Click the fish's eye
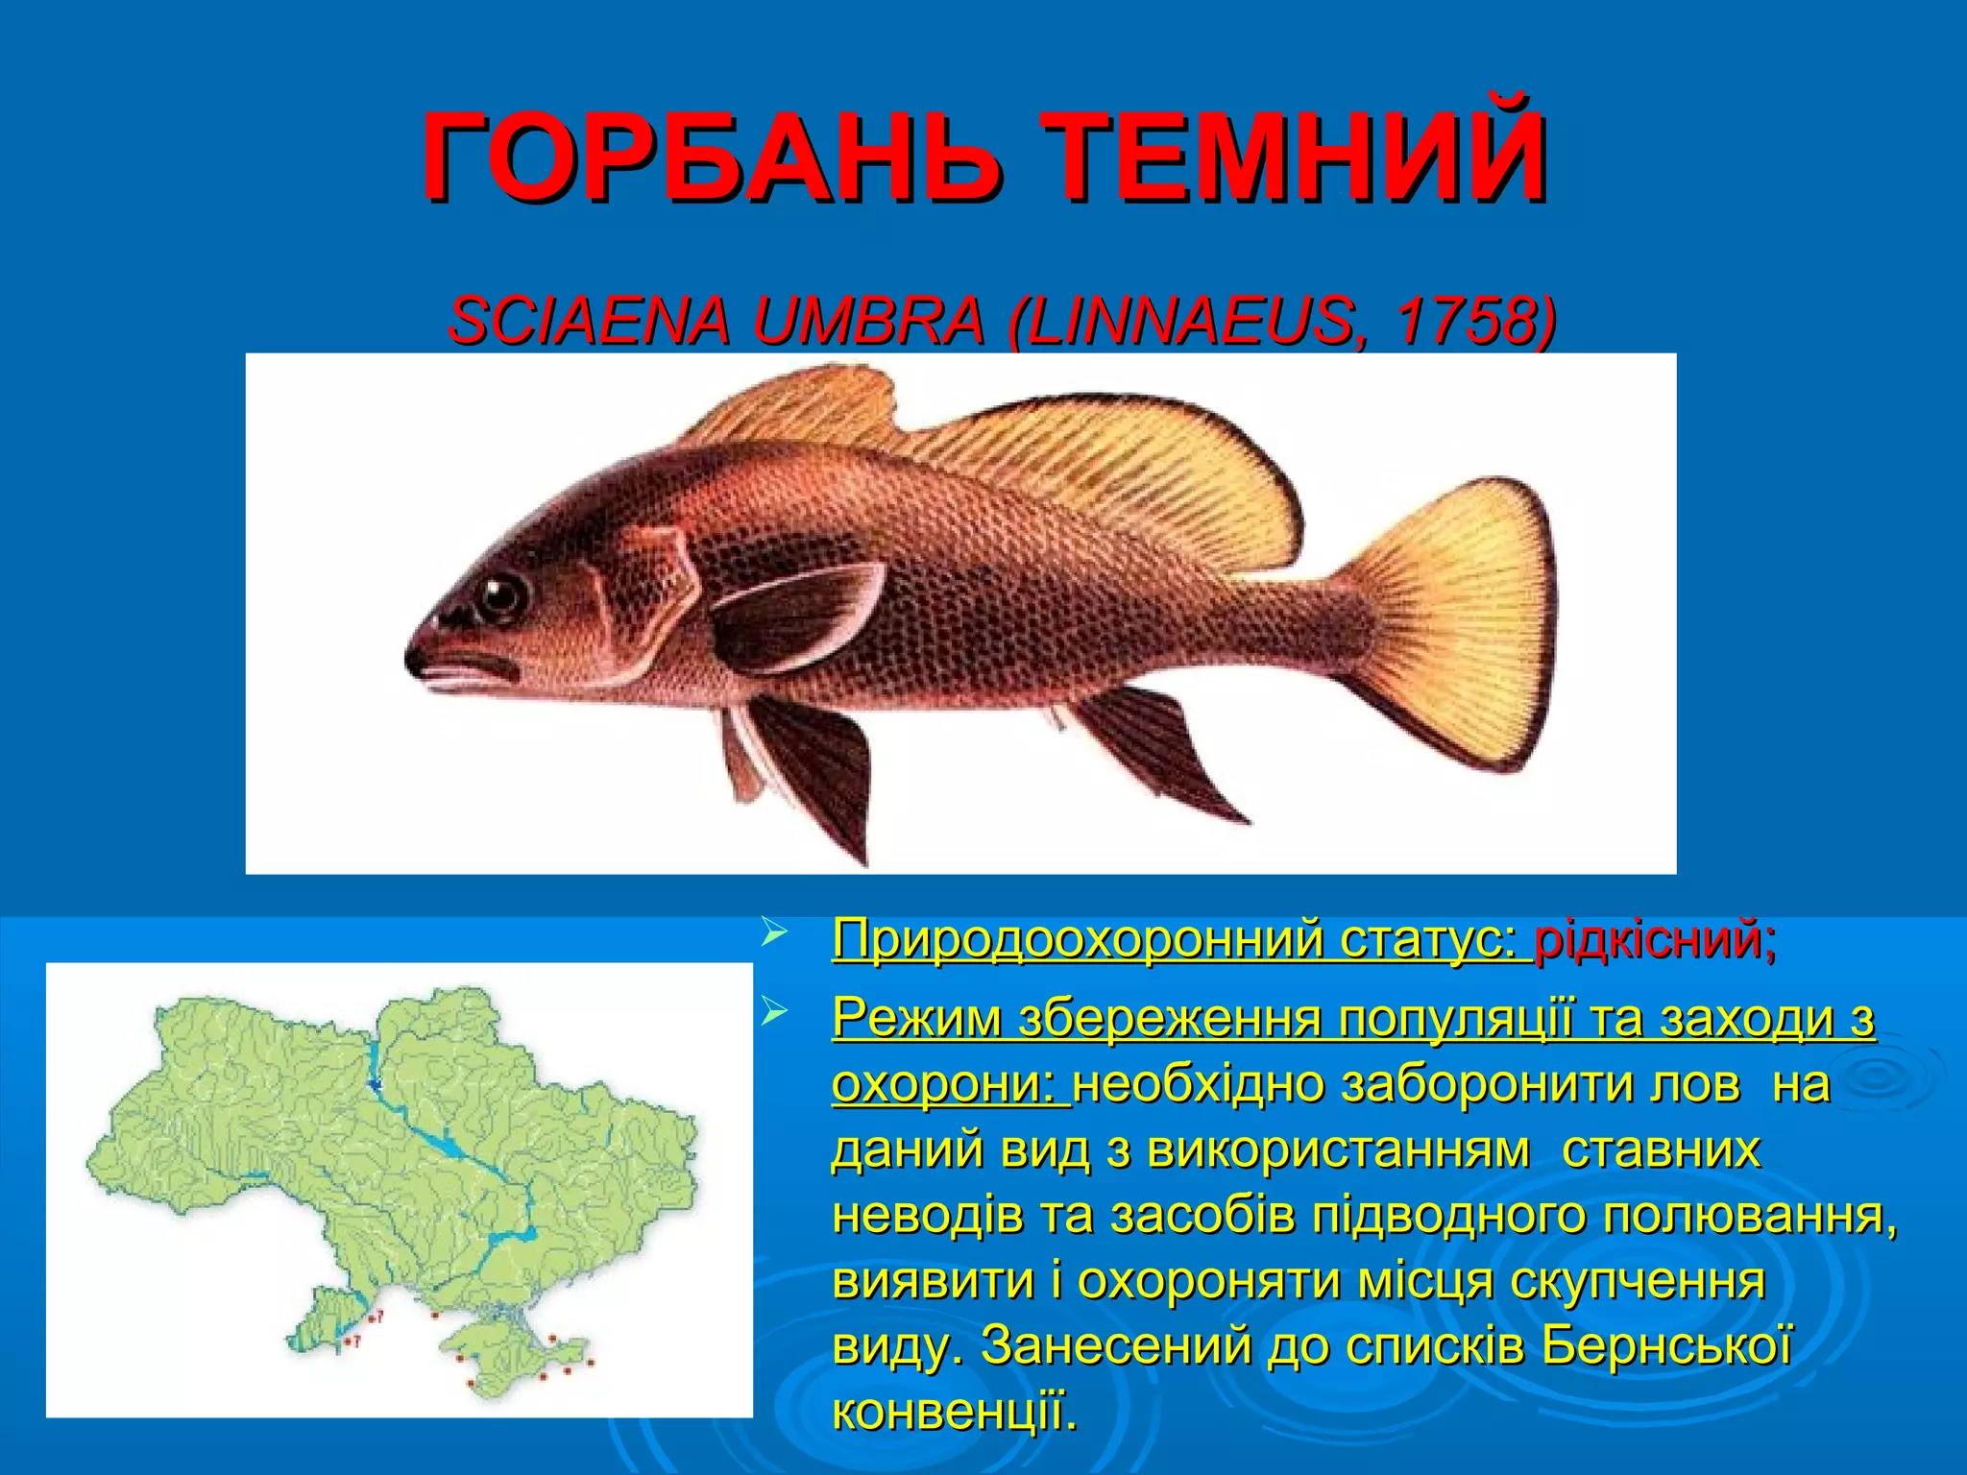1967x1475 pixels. (501, 596)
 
